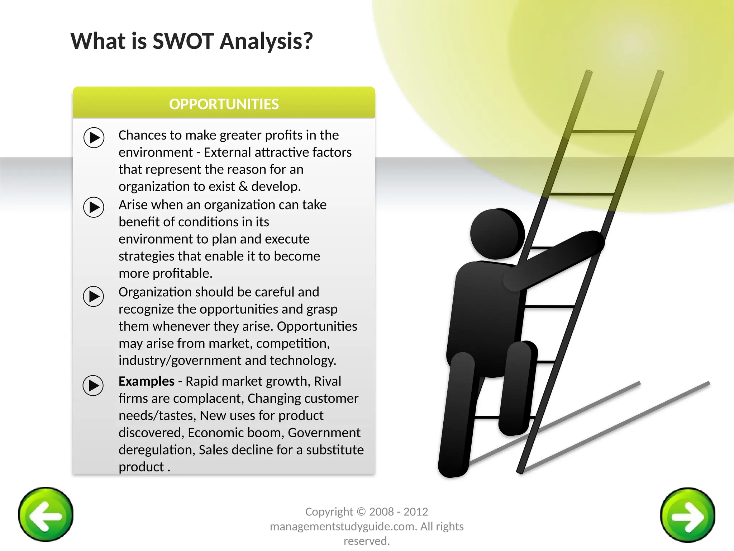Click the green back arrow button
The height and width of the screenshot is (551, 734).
pyautogui.click(x=46, y=514)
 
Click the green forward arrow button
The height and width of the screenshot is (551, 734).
pyautogui.click(x=687, y=515)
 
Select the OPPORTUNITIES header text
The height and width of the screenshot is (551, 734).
pyautogui.click(x=224, y=104)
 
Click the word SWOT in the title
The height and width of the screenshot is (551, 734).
pyautogui.click(x=183, y=41)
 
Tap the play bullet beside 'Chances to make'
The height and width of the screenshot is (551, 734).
pyautogui.click(x=94, y=138)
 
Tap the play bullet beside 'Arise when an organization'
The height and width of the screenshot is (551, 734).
pyautogui.click(x=94, y=207)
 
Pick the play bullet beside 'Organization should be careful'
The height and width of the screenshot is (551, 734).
pyautogui.click(x=94, y=296)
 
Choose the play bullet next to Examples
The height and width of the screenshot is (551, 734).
pyautogui.click(x=93, y=386)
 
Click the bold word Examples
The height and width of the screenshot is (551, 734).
pyautogui.click(x=147, y=381)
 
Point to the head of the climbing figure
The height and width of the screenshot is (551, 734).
pyautogui.click(x=496, y=234)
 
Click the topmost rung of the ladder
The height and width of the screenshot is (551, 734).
pyautogui.click(x=604, y=132)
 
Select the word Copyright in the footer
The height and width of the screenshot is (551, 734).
pyautogui.click(x=329, y=512)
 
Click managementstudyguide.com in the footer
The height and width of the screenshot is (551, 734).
pyautogui.click(x=343, y=527)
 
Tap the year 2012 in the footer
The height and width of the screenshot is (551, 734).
pyautogui.click(x=416, y=512)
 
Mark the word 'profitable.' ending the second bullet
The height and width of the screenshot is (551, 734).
pyautogui.click(x=182, y=273)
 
